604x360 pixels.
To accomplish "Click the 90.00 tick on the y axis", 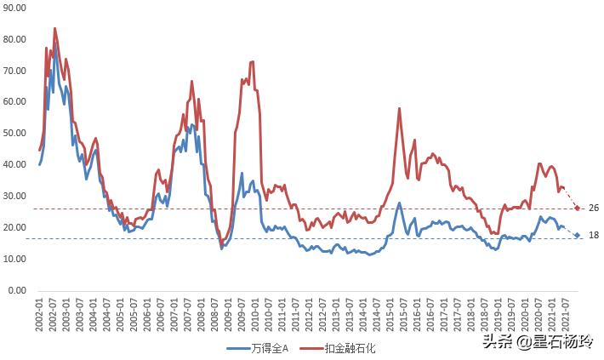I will pos(15,8).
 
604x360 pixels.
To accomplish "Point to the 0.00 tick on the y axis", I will pos(17,290).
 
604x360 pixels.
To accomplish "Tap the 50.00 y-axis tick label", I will pos(15,134).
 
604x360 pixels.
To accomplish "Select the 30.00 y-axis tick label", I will pos(15,197).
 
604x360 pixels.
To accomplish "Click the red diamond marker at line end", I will pos(577,209).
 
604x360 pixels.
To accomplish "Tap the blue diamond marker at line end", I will pos(577,235).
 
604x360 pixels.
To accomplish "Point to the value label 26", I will pos(594,209).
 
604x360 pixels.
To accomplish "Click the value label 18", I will pos(594,235).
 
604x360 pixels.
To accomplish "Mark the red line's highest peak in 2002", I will pos(55,28).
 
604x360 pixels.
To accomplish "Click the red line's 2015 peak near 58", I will pos(399,108).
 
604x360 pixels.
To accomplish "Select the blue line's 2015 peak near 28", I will pos(399,203).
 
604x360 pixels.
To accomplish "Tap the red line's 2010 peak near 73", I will pos(253,61).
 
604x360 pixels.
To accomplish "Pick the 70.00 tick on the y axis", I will pos(15,71).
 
